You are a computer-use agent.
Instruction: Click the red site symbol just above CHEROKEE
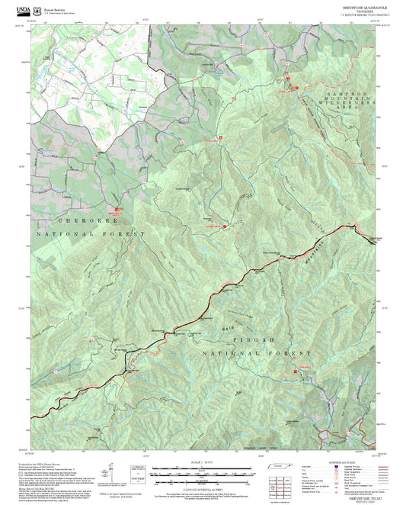pyautogui.click(x=117, y=208)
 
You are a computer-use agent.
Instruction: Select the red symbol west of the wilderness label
pyautogui.click(x=288, y=79)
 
